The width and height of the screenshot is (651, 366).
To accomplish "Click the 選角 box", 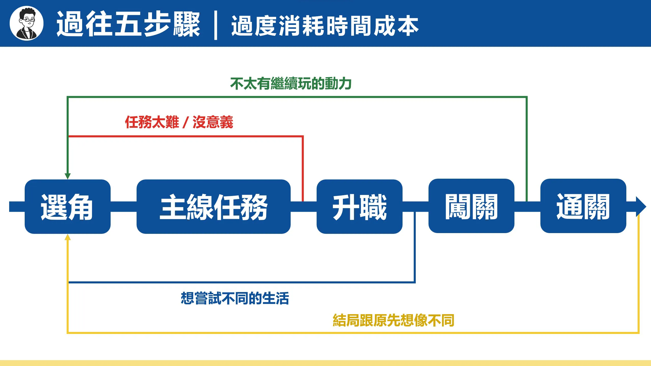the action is click(68, 207).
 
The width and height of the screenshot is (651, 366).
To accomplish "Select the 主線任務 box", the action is click(214, 207).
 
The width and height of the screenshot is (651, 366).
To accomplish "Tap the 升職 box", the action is click(360, 207).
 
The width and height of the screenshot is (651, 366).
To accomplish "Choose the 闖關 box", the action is click(471, 206).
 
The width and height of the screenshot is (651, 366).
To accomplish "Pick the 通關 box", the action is click(583, 206).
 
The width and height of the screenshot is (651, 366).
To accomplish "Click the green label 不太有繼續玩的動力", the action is click(291, 84).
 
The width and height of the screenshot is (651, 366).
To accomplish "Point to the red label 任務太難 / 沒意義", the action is click(179, 122).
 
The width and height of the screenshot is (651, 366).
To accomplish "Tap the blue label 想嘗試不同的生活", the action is click(235, 298).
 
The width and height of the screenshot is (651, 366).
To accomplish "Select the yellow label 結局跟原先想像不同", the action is click(394, 320).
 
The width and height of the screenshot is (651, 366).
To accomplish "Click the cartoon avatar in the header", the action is click(26, 23).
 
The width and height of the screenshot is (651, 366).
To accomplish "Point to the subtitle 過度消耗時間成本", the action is click(325, 25).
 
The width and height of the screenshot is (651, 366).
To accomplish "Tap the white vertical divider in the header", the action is click(216, 25).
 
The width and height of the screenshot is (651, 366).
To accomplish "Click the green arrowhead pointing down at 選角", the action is click(68, 176).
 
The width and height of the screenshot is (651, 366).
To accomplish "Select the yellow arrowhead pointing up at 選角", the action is click(68, 237).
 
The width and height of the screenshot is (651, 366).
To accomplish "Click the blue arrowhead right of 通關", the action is click(641, 207).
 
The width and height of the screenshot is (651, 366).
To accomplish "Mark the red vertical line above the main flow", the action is click(303, 169).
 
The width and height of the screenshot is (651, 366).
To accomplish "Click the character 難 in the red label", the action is click(172, 122).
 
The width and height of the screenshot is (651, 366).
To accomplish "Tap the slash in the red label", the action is click(186, 122).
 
